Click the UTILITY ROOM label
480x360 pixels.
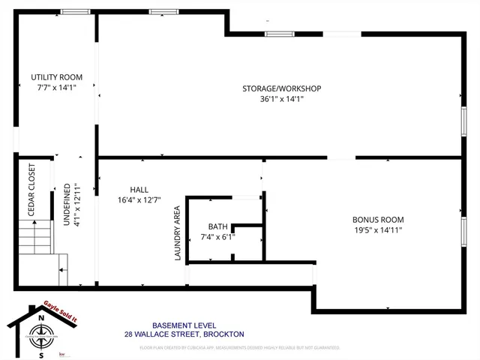tap(56, 77)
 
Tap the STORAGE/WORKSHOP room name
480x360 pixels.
tap(281, 88)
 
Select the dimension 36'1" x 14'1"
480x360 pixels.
tap(281, 98)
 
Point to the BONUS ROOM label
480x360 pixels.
tap(378, 220)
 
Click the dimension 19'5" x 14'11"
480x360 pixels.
tap(378, 230)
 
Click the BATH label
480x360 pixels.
tap(217, 226)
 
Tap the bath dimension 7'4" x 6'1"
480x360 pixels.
tap(217, 236)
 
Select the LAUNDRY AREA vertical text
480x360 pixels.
tap(178, 234)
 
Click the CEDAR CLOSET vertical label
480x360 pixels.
tap(32, 190)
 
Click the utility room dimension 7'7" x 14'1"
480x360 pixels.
tap(56, 87)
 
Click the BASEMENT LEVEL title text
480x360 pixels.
tap(183, 325)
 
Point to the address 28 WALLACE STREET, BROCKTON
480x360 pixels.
tap(183, 334)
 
